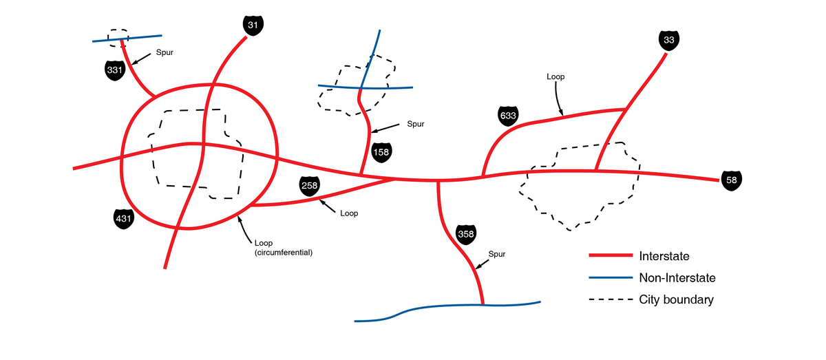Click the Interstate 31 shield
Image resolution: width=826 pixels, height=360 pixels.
pos(253,25)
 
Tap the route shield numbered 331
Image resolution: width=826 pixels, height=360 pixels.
pos(115,70)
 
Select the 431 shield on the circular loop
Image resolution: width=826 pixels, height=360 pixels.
pos(123,219)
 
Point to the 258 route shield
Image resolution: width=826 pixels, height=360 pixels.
pos(309,185)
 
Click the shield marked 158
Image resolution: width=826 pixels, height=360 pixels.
pos(381,151)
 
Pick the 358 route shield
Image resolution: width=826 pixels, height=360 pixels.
pos(466,234)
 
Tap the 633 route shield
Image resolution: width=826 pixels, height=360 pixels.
pos(508,116)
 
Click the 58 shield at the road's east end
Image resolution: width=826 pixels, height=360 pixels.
pos(732,181)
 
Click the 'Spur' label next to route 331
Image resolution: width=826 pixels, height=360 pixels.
pos(165,52)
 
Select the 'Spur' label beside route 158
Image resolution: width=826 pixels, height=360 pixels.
pos(416,124)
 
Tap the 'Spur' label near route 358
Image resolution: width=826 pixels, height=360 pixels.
pos(497,254)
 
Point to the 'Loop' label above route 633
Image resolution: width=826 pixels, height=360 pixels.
pos(555,77)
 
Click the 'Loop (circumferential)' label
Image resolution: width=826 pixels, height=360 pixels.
pos(284,248)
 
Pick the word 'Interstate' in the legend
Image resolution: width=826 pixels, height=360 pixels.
pos(664,256)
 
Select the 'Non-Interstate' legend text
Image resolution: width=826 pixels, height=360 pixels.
pos(677,278)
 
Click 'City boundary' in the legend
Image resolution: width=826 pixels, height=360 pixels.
pos(676,299)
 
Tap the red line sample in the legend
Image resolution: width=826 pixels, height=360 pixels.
pos(611,256)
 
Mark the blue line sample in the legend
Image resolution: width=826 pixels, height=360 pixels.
pos(611,278)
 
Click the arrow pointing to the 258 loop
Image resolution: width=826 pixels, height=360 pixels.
pos(328,206)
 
